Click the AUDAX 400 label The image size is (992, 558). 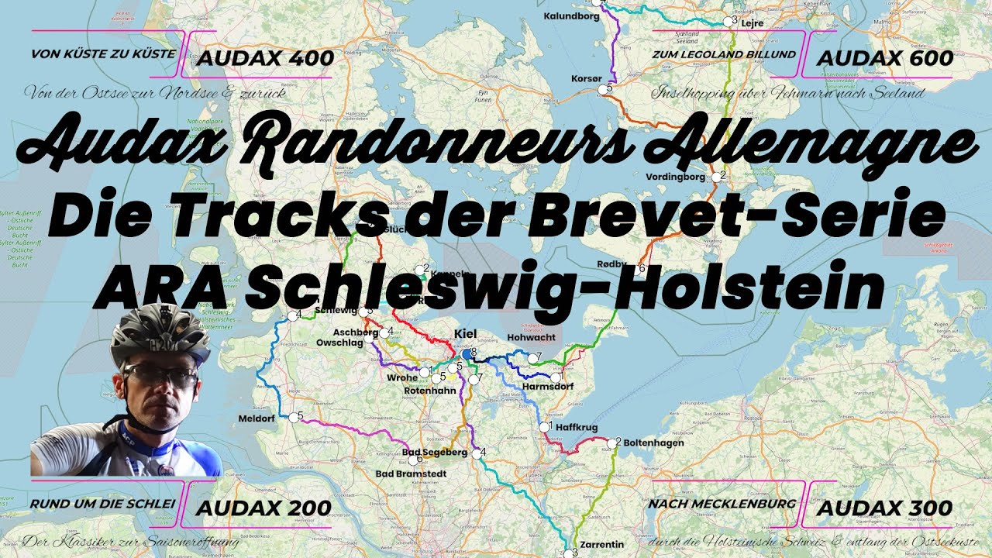(265, 58)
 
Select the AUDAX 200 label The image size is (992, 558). (263, 508)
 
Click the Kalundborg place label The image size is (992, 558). (572, 15)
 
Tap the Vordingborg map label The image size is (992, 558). (675, 177)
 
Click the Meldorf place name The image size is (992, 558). (257, 418)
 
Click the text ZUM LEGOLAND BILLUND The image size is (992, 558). (724, 54)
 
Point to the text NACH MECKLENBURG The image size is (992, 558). (722, 504)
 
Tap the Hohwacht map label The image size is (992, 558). (530, 338)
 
